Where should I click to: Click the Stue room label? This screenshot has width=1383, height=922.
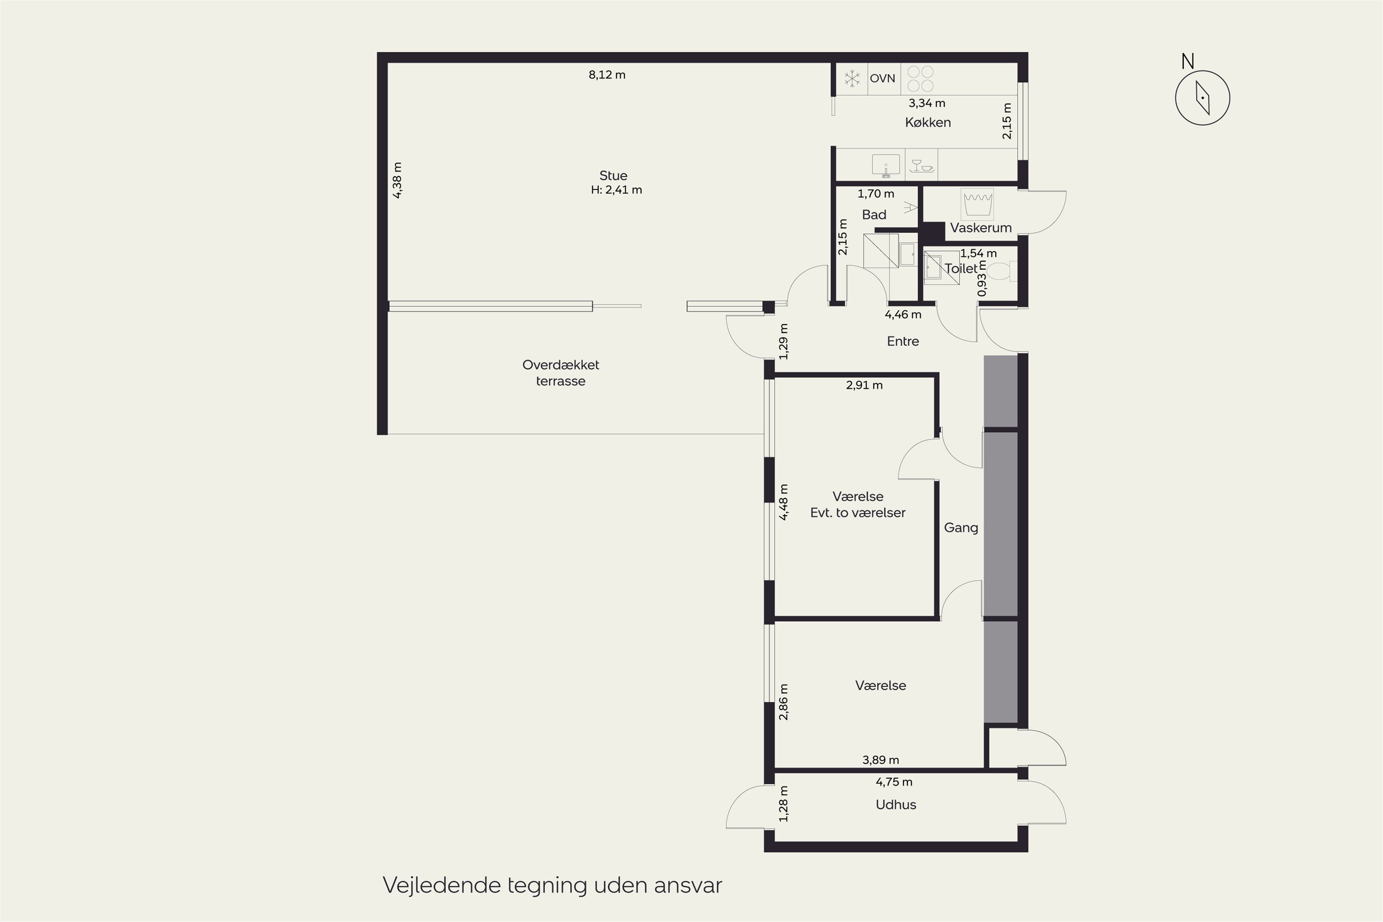tap(613, 175)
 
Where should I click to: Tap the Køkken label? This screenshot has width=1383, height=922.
tap(928, 122)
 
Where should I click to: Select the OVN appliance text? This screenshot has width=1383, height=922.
tap(883, 78)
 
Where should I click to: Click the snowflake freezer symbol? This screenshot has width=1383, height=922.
tap(852, 78)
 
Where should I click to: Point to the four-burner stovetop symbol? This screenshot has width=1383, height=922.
tap(920, 79)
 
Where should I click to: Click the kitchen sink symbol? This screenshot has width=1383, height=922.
tap(886, 165)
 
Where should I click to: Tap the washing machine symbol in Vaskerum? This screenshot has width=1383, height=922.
tap(977, 204)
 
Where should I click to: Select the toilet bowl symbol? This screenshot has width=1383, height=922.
tap(999, 272)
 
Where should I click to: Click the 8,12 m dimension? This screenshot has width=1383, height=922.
tap(607, 75)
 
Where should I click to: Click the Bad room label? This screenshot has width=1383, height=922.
tap(874, 215)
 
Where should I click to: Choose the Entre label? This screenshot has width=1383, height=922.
tap(903, 341)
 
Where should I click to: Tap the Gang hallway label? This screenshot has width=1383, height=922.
tap(961, 527)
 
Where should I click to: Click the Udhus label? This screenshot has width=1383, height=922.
tap(896, 804)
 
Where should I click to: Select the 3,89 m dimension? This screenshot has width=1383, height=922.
tap(880, 760)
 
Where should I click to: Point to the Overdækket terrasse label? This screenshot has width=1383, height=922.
tap(561, 373)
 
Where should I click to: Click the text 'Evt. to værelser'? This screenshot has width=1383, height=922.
tap(857, 513)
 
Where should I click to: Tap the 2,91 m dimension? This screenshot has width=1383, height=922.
tap(864, 385)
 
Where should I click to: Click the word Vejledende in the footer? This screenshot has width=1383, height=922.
tap(441, 885)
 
